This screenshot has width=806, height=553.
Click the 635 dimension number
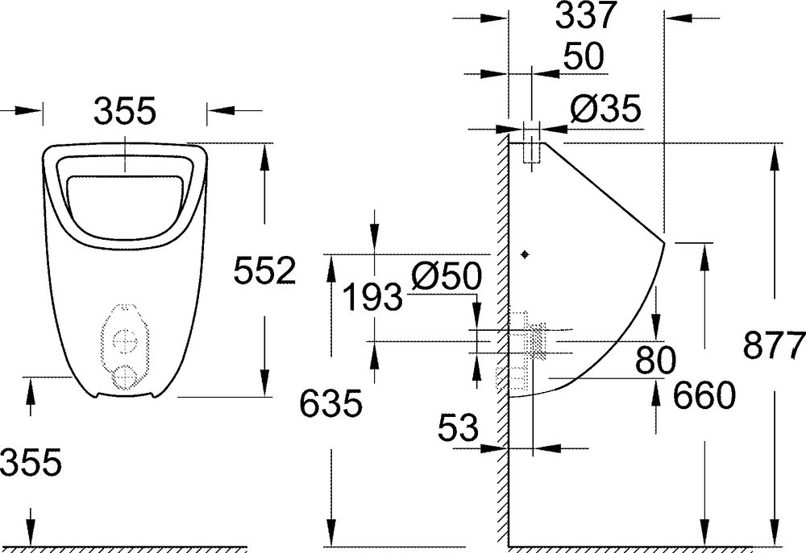tap(330, 403)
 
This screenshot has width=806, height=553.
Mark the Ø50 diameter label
tap(445, 276)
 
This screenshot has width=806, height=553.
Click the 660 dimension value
tap(703, 395)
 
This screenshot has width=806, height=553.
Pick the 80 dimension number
tap(654, 360)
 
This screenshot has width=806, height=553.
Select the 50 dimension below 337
tap(583, 57)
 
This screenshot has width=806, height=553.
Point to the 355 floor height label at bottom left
tap(31, 462)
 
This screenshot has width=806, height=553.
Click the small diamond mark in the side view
tap(526, 254)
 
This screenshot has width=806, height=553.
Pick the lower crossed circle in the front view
tap(125, 378)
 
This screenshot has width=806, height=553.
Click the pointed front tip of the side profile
tap(663, 243)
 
